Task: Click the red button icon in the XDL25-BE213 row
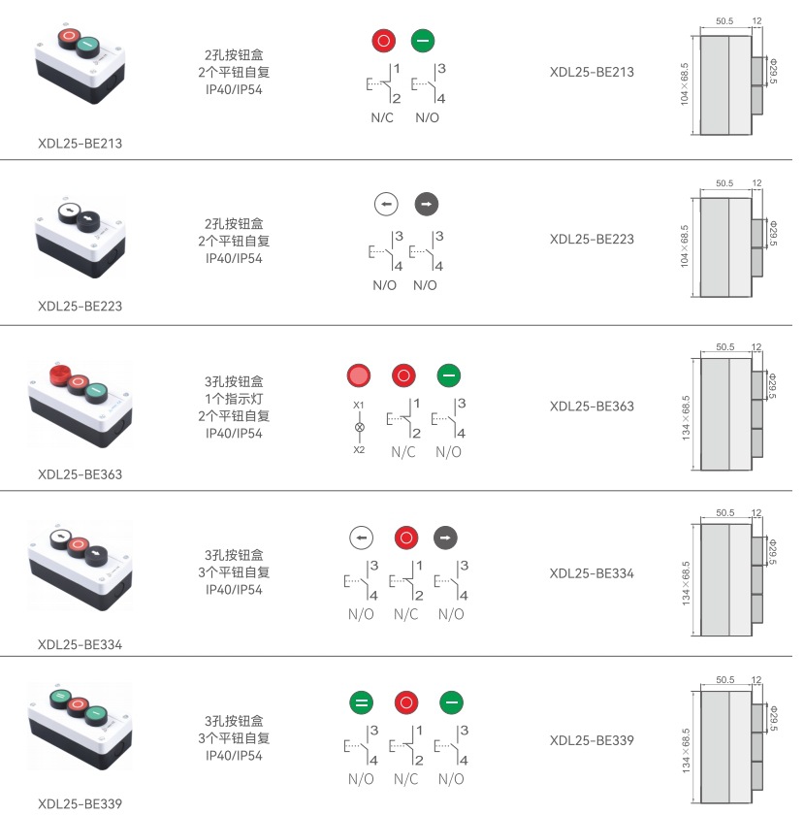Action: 384,40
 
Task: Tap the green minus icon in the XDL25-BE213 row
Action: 424,40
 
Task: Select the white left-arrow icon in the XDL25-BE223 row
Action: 386,205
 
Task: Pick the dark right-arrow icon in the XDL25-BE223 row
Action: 427,205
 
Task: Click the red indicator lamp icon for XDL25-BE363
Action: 359,375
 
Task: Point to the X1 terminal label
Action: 359,404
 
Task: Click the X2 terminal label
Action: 359,449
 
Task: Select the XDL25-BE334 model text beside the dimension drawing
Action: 592,573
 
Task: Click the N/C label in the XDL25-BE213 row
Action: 382,118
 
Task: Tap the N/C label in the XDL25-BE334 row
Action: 405,614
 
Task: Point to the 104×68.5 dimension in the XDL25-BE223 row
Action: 685,245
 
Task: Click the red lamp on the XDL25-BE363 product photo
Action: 56,374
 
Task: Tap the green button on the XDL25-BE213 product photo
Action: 87,44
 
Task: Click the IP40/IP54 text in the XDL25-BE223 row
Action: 234,258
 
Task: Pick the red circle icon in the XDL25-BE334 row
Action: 405,537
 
